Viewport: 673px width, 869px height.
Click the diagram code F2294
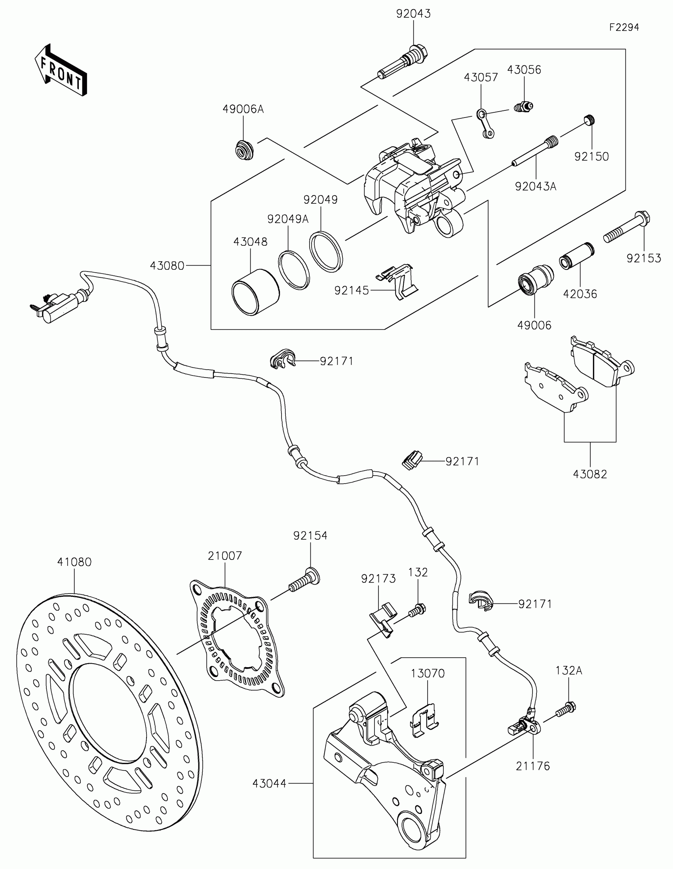coord(624,27)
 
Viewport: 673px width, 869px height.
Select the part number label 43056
coord(524,70)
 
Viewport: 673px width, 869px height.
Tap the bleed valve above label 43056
coord(523,106)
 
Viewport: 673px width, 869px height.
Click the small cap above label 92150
coord(589,120)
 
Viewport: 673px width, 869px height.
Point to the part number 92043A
coord(535,186)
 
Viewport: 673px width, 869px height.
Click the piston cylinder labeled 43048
coord(255,292)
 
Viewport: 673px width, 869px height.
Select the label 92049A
coord(288,219)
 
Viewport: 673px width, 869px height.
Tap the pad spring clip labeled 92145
coord(397,281)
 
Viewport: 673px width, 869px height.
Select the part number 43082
coord(590,474)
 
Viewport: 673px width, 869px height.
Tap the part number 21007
coord(225,556)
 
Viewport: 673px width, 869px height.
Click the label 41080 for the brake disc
coord(74,562)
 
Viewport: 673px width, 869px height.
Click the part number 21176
coord(532,766)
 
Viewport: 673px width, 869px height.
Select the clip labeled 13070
coord(424,721)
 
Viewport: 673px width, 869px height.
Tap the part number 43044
coord(269,784)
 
